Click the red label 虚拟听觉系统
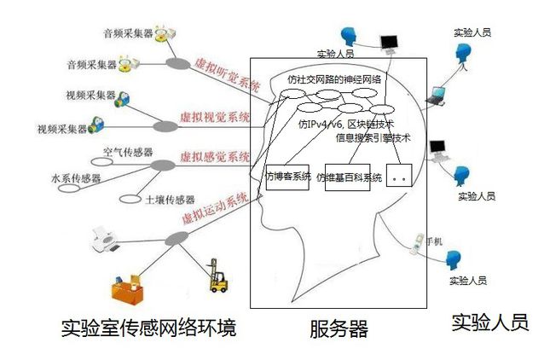[x=228, y=75]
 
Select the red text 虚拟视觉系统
[x=214, y=118]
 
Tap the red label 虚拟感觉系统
[x=214, y=157]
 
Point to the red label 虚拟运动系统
[x=215, y=207]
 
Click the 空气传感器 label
[x=128, y=152]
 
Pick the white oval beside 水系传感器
[x=69, y=189]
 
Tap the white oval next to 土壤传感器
[x=130, y=200]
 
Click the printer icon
[x=105, y=239]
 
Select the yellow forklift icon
[x=218, y=276]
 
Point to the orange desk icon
[x=127, y=290]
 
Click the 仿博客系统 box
[x=287, y=177]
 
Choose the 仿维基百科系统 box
[x=348, y=177]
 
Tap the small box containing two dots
[x=399, y=176]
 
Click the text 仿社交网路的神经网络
[x=334, y=79]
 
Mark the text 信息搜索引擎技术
[x=373, y=138]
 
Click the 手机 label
[x=434, y=241]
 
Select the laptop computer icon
[x=436, y=96]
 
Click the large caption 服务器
[x=339, y=328]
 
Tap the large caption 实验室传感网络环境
[x=149, y=328]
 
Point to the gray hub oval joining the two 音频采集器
[x=178, y=63]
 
